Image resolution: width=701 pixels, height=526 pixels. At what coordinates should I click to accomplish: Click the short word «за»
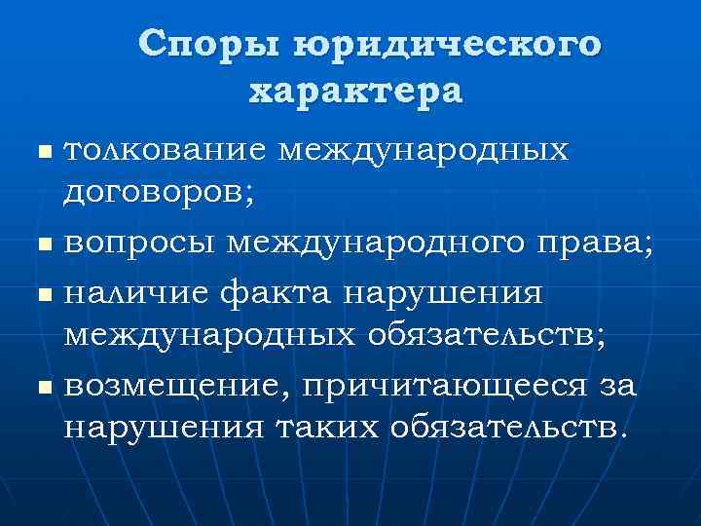(x=617, y=386)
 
